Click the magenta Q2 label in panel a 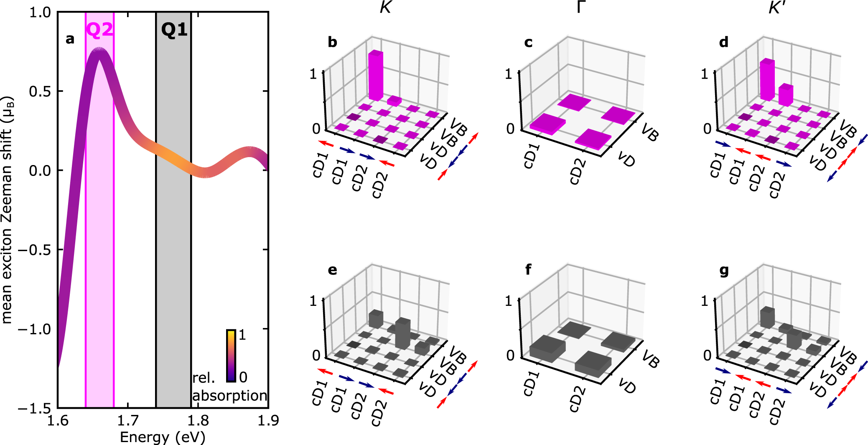coord(99,30)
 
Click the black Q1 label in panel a coord(174,30)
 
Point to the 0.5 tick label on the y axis coord(40,92)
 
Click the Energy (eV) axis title coord(163,437)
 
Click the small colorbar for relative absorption coord(231,356)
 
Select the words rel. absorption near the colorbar coord(229,387)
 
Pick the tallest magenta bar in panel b coord(375,76)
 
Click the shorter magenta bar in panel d coord(786,95)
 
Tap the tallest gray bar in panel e coord(402,333)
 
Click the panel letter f coord(528,270)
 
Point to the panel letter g coord(724,271)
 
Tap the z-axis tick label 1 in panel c coord(508,74)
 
